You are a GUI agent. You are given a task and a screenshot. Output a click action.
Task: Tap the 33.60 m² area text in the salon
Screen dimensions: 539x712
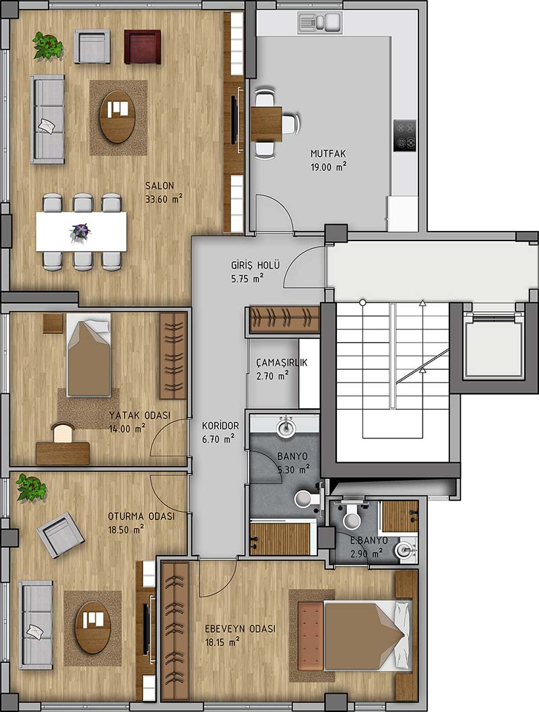(164, 199)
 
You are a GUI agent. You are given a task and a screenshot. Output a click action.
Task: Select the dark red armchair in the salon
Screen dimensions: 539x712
(143, 46)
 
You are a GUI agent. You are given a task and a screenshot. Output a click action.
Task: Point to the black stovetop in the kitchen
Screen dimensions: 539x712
(405, 135)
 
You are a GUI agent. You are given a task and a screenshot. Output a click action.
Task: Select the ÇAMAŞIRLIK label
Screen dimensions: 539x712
(282, 362)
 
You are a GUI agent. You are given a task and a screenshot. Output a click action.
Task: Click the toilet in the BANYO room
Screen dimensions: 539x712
(307, 498)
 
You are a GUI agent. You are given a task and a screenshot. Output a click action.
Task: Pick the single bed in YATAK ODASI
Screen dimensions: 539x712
(89, 354)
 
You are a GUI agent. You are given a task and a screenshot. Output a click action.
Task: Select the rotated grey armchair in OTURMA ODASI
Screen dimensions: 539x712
(61, 534)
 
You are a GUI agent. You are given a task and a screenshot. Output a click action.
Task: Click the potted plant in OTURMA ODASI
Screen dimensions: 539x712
(32, 488)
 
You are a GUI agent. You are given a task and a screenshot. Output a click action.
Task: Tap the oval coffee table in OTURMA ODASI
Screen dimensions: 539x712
(93, 628)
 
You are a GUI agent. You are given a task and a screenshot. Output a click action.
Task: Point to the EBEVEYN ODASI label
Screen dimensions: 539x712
(241, 629)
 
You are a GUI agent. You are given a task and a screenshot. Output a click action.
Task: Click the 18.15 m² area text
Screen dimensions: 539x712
(222, 643)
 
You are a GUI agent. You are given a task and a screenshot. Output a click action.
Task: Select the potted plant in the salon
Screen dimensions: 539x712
(47, 45)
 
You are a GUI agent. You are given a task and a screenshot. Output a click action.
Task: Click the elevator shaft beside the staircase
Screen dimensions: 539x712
(493, 344)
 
